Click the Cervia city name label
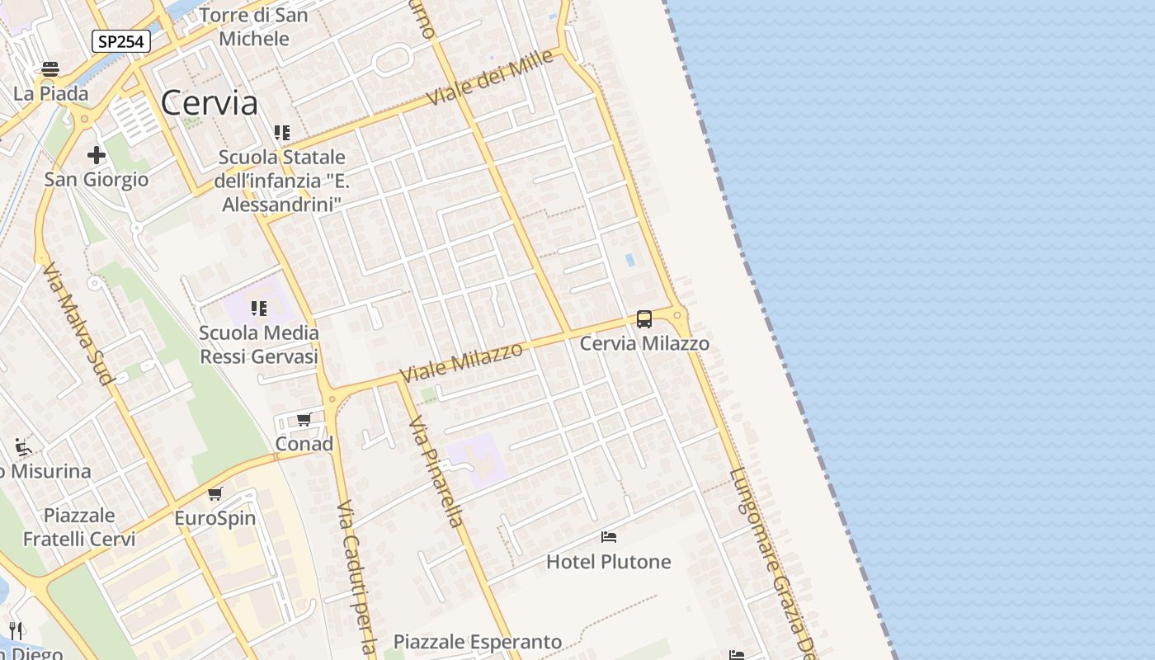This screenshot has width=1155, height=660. click(x=209, y=103)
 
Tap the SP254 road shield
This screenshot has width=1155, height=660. click(x=121, y=41)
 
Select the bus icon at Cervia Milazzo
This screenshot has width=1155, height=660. click(x=644, y=318)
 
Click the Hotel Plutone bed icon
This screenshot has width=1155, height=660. click(x=609, y=537)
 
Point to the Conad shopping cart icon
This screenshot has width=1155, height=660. click(x=304, y=419)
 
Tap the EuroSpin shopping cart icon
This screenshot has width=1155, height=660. click(x=215, y=493)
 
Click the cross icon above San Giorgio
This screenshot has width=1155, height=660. click(x=97, y=154)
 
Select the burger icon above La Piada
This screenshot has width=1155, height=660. click(x=50, y=68)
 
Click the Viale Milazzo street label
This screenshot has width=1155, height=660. click(x=461, y=362)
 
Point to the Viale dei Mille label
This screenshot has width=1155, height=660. click(x=490, y=80)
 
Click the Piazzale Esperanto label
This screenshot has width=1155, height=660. click(x=478, y=642)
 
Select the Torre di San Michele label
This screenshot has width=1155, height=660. click(x=254, y=27)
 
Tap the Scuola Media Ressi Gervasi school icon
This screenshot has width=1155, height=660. click(x=259, y=309)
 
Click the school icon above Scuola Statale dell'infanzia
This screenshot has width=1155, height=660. click(x=282, y=132)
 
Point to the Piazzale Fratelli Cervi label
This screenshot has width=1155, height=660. click(x=79, y=527)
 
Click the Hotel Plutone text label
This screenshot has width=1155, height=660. click(x=609, y=562)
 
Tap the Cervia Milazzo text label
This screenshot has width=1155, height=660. click(x=644, y=343)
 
